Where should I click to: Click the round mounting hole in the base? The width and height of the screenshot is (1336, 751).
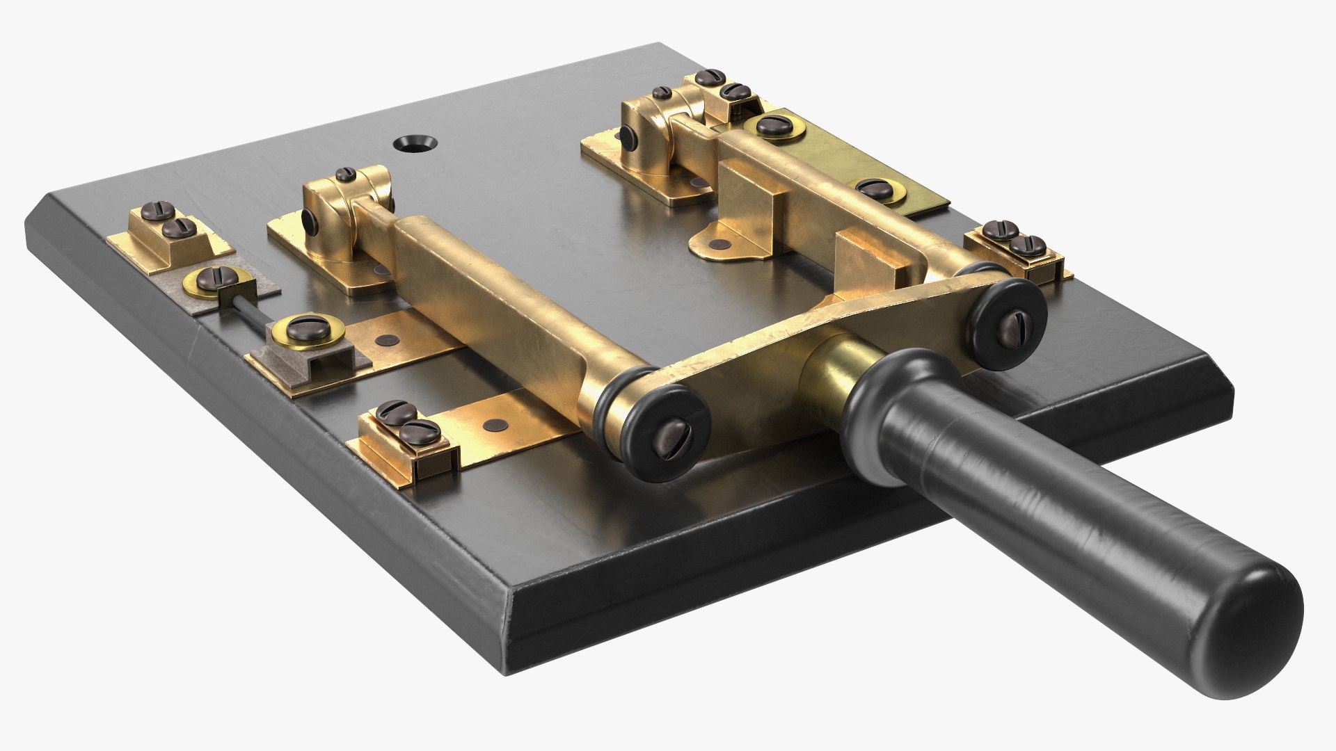[x=415, y=143]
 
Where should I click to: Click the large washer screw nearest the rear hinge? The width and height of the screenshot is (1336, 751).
[x=772, y=127]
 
